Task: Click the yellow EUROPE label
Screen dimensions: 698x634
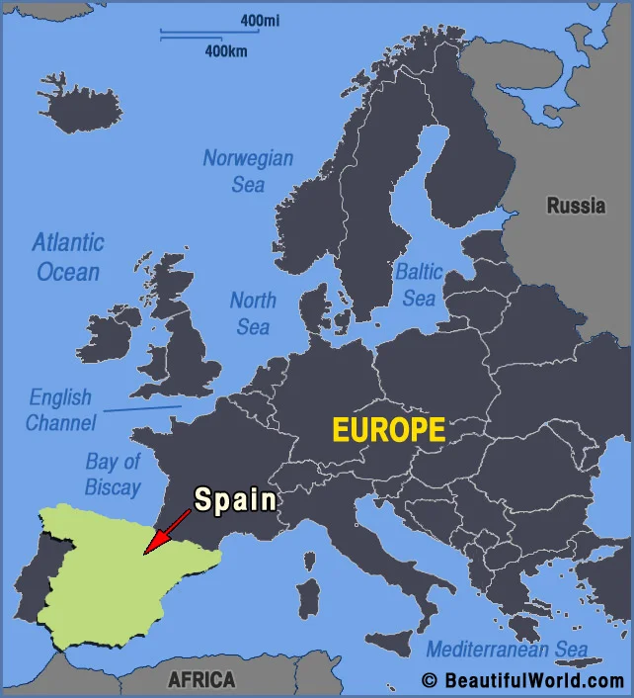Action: tap(388, 431)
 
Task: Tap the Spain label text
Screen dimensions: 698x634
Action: tap(235, 499)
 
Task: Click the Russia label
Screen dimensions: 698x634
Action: tap(576, 207)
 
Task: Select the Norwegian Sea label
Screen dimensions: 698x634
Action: tap(248, 170)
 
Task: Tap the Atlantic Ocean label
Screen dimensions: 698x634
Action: tap(67, 256)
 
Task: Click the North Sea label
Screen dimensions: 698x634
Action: tap(253, 312)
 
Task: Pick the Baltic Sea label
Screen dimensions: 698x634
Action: tap(419, 284)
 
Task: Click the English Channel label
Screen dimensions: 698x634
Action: tap(60, 410)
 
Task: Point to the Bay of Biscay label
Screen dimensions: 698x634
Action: tap(113, 474)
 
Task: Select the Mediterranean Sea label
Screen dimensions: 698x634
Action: tap(507, 650)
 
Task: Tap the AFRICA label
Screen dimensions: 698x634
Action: tap(201, 680)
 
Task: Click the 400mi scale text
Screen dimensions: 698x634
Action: tap(260, 21)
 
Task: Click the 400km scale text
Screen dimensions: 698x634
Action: tap(226, 50)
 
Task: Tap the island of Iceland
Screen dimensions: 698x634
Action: tap(81, 103)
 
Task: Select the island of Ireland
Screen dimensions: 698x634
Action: tap(107, 337)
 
